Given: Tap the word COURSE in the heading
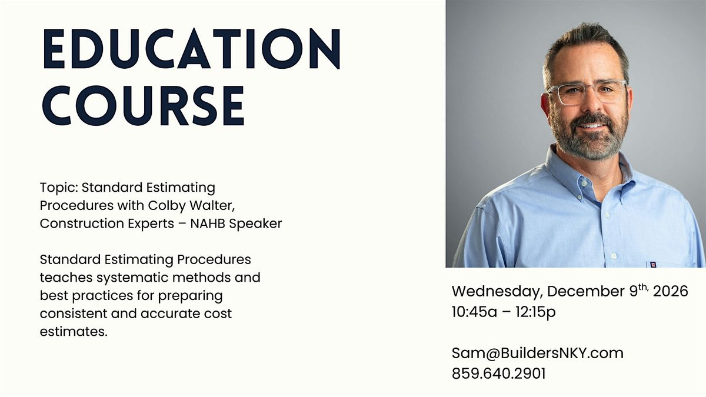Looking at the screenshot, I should pos(144,105).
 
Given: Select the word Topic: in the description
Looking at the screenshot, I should pos(58,188).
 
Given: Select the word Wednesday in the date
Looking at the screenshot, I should pos(497,292).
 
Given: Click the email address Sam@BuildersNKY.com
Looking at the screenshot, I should pos(537,353).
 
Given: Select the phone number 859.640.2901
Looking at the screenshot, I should pos(498,373).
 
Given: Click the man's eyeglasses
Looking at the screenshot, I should pos(586,93).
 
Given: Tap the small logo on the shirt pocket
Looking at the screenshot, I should pos(651,265).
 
